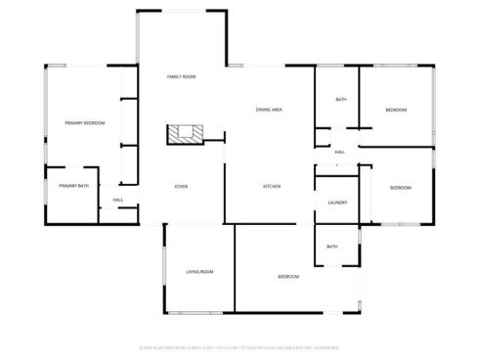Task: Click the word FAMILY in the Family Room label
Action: click(175, 76)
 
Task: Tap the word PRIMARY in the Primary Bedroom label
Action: click(73, 123)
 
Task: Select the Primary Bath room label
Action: click(73, 185)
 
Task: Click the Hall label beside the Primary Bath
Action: click(117, 201)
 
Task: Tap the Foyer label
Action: click(181, 186)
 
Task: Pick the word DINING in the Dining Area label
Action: click(263, 110)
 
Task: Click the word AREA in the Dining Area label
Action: click(278, 110)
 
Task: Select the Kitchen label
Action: click(272, 186)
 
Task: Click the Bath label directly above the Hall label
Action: click(341, 100)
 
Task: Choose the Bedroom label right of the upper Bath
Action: click(396, 110)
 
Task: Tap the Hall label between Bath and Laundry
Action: click(340, 152)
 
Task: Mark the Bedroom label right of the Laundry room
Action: click(400, 187)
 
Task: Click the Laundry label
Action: click(337, 202)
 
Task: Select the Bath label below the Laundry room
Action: click(332, 247)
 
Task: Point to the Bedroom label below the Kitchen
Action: click(288, 277)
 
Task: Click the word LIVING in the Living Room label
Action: click(193, 271)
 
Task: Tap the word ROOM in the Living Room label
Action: click(207, 271)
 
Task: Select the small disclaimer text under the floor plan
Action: click(239, 346)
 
